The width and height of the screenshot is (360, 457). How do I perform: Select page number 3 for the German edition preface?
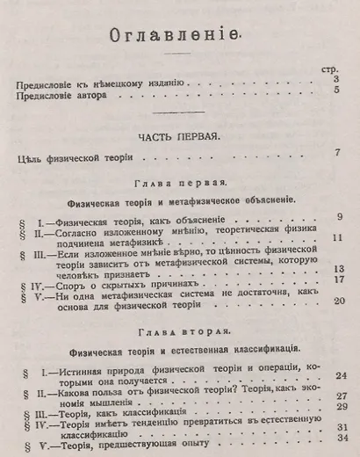[337, 81]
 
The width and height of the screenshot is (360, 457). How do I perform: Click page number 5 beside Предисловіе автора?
[337, 94]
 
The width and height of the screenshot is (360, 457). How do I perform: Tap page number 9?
[338, 217]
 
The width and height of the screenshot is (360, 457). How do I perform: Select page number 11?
[336, 239]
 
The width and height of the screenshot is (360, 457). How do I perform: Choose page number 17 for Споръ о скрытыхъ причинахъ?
[336, 281]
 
